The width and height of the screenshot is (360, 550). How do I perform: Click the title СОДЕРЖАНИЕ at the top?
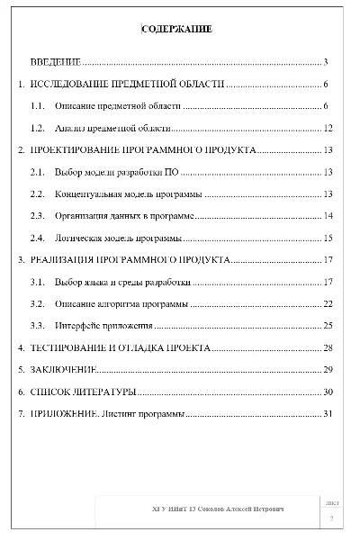point(177,30)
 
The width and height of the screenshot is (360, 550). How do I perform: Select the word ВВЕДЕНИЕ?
point(56,62)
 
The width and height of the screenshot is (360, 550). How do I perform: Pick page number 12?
point(328,128)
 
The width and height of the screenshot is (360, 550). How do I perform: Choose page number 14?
point(328,216)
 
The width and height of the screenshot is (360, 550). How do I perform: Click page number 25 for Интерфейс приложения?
point(328,325)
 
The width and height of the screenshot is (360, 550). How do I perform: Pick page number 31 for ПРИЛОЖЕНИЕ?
point(328,414)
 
